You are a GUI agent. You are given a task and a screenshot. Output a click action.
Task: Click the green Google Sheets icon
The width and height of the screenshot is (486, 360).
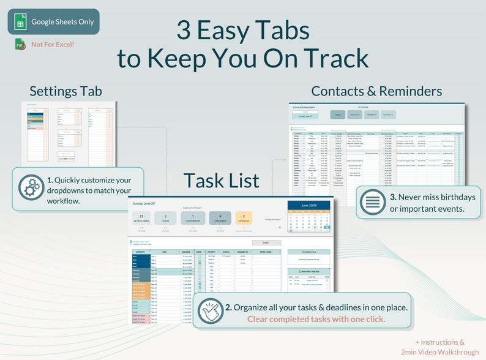[x=20, y=22]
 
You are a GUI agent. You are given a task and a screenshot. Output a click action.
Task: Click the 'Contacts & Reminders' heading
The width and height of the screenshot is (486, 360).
[x=376, y=91]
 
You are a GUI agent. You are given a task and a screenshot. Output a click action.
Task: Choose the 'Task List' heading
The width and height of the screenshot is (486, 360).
[x=221, y=181]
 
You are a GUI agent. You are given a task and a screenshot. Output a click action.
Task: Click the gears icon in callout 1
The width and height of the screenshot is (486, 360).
[x=29, y=188]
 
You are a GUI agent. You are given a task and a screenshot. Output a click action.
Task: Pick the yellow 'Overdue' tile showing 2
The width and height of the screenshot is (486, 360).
[x=244, y=219]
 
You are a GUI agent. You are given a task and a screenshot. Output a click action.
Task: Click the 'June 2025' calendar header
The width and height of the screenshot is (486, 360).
[x=308, y=205]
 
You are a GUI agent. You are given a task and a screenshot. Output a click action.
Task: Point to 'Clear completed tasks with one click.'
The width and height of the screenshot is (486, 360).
[x=316, y=319]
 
